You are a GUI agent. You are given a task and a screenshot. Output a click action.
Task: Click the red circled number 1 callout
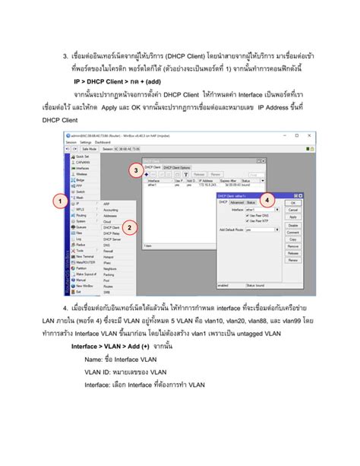click(58, 201)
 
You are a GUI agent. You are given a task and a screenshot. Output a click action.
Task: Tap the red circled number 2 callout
click(130, 227)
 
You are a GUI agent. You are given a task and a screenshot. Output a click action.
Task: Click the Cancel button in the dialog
click(292, 210)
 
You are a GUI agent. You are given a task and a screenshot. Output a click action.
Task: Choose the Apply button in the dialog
click(292, 217)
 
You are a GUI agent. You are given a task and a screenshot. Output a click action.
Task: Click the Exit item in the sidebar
click(77, 291)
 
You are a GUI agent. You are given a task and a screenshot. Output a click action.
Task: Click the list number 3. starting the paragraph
click(66, 55)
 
